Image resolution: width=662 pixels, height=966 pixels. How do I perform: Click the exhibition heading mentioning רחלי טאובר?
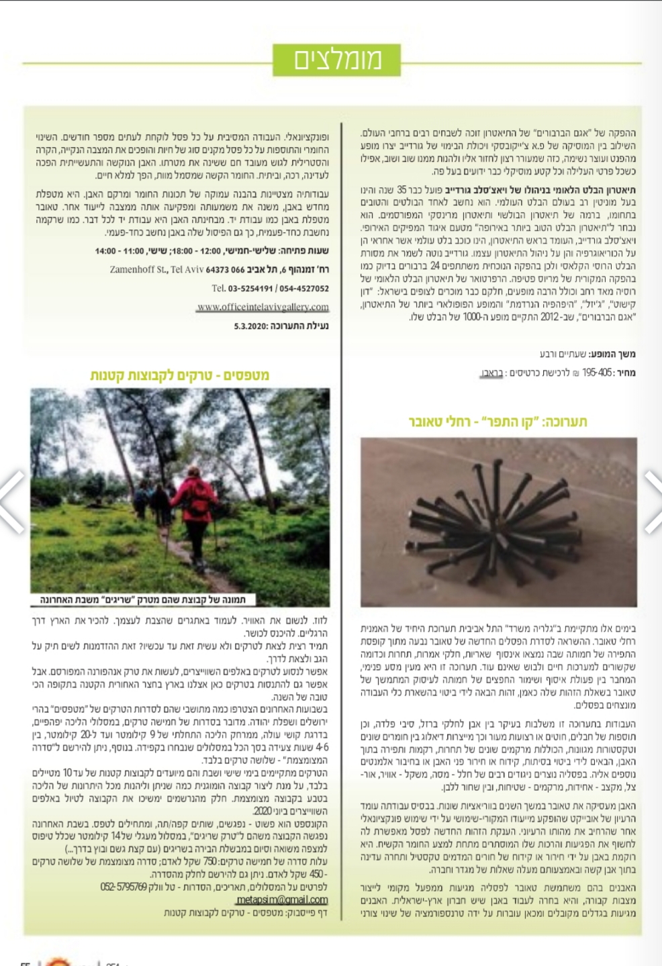click(x=498, y=422)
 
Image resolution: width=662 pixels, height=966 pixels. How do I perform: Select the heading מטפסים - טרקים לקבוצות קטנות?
click(x=180, y=375)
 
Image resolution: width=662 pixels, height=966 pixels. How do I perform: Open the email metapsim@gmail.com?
click(x=283, y=900)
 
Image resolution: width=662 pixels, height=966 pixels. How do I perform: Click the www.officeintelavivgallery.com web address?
click(x=263, y=307)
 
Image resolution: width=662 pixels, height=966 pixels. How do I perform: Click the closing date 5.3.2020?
click(x=250, y=326)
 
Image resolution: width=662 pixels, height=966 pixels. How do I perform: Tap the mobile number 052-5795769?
click(x=124, y=887)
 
